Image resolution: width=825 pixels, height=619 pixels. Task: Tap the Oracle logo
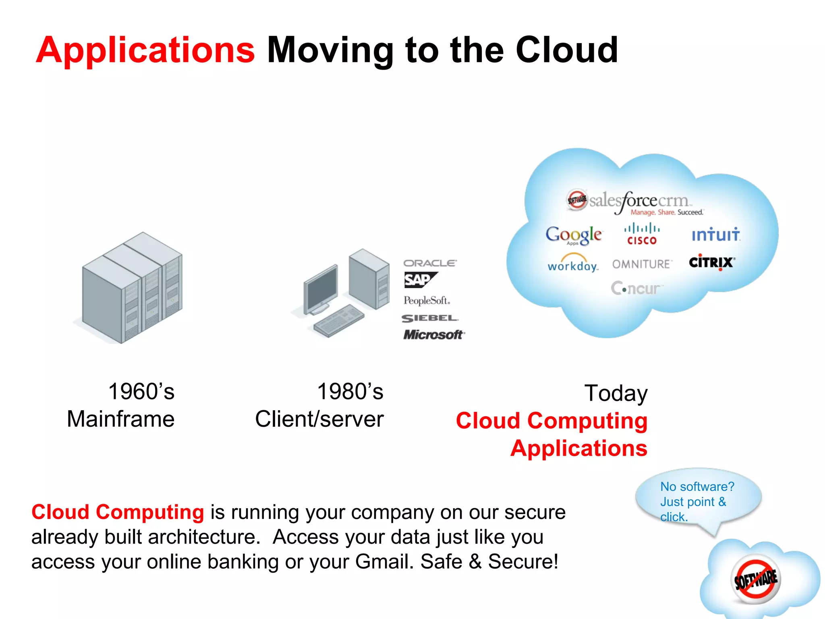click(x=430, y=263)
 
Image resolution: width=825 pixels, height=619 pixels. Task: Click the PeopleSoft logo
click(x=427, y=300)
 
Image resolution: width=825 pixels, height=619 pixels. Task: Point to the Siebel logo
click(x=430, y=318)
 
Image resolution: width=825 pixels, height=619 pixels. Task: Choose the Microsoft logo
click(x=434, y=334)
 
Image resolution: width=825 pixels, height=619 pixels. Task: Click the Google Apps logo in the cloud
click(x=574, y=235)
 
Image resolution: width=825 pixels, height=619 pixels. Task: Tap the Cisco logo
click(x=642, y=234)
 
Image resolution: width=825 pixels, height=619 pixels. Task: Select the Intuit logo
click(x=716, y=235)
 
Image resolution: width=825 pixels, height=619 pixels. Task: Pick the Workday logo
click(x=573, y=263)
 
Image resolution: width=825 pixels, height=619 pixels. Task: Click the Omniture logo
click(x=642, y=264)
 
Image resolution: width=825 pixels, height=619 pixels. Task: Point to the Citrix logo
click(x=712, y=262)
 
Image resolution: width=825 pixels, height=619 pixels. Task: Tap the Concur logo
click(x=636, y=288)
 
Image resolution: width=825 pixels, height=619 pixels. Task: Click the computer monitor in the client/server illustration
click(x=321, y=289)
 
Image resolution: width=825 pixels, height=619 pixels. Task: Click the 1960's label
click(x=141, y=391)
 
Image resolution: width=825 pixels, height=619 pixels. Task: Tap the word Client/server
click(x=319, y=419)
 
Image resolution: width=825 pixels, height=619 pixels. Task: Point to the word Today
click(x=616, y=393)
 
